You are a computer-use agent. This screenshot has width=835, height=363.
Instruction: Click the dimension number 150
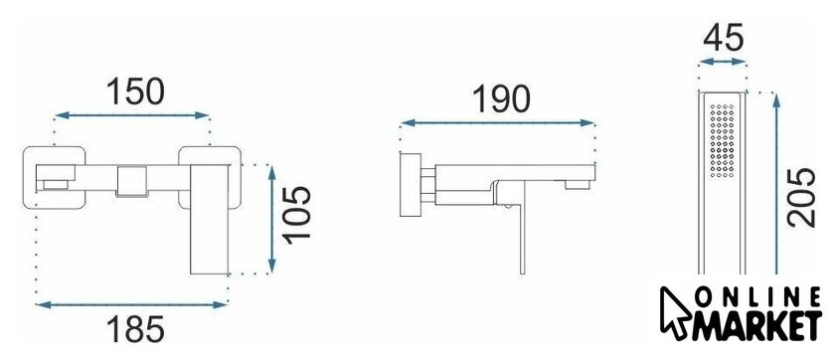[135, 91]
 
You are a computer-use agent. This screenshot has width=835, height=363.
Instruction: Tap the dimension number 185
[135, 329]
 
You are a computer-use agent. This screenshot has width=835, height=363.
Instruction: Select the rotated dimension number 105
[296, 215]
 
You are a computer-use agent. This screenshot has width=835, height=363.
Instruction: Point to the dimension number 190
[502, 99]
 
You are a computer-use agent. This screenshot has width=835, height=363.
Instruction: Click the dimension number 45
[723, 39]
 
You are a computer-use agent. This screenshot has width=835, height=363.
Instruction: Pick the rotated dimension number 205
[802, 197]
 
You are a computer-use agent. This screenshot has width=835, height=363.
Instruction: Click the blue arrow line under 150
[132, 115]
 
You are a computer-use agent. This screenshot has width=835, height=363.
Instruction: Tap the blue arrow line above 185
[131, 305]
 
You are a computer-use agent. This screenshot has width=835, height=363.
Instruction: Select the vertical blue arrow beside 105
[272, 220]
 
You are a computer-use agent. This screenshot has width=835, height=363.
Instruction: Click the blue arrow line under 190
[497, 122]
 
